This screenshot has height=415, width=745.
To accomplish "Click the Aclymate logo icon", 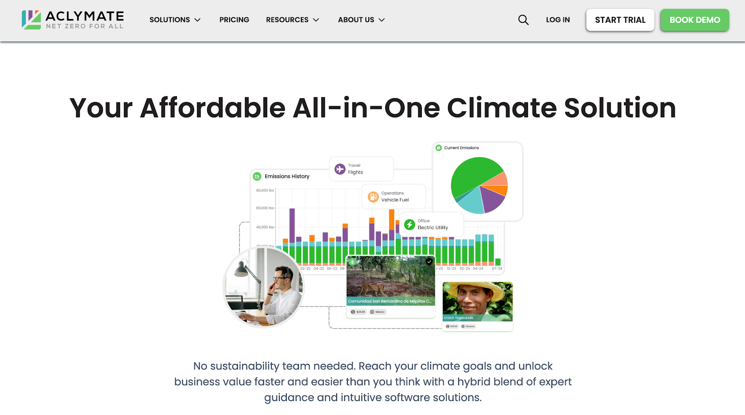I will click(x=31, y=20).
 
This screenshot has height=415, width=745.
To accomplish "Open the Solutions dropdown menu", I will click(x=175, y=20).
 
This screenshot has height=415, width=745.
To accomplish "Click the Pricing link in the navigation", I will click(x=234, y=20).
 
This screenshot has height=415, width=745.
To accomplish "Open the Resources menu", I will click(x=292, y=20).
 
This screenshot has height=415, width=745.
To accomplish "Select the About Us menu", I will click(x=361, y=20).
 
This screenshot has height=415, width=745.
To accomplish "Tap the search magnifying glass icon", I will click(x=523, y=20).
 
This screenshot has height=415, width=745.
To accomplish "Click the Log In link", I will click(x=558, y=20).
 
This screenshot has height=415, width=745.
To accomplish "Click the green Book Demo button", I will click(x=695, y=20).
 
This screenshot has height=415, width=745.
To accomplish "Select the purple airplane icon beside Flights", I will click(x=340, y=169).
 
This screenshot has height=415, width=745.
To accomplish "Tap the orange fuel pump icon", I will click(x=373, y=197).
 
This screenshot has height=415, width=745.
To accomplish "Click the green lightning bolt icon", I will click(x=409, y=225).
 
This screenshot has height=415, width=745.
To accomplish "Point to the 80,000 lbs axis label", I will click(x=264, y=190).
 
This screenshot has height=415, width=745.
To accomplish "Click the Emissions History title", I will click(x=287, y=177).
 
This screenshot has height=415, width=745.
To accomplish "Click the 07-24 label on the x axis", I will click(x=497, y=269).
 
